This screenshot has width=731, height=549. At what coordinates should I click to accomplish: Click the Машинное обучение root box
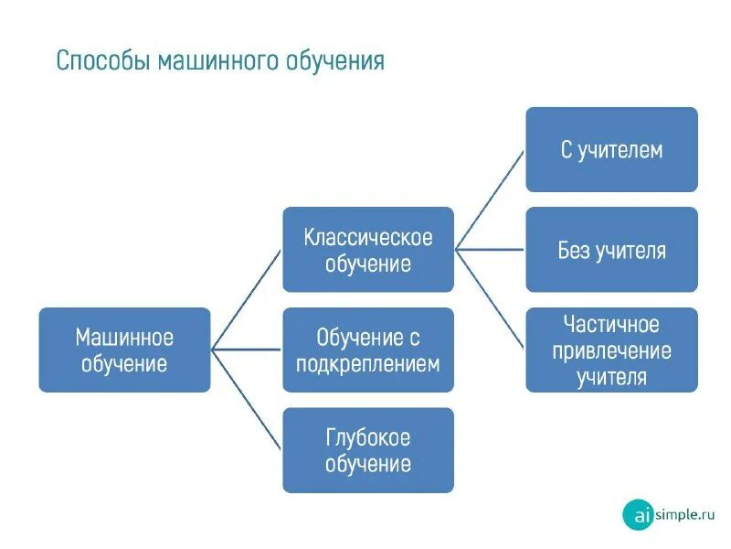pyautogui.click(x=124, y=350)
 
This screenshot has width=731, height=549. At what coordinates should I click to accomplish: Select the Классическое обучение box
pyautogui.click(x=368, y=250)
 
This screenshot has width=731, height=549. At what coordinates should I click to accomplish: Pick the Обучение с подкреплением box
pyautogui.click(x=368, y=350)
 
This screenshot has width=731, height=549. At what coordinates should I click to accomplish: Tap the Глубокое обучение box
pyautogui.click(x=368, y=450)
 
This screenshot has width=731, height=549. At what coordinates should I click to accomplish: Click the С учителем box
pyautogui.click(x=611, y=149)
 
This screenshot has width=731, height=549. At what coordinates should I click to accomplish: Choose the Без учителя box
pyautogui.click(x=611, y=250)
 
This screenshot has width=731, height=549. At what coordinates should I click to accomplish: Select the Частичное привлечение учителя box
pyautogui.click(x=611, y=350)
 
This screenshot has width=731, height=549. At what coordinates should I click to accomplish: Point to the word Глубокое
pyautogui.click(x=368, y=437)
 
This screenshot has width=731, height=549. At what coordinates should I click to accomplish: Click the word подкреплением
pyautogui.click(x=368, y=363)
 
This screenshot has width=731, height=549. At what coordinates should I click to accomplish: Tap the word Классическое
pyautogui.click(x=368, y=238)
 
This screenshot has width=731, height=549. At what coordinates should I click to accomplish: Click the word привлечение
pyautogui.click(x=611, y=350)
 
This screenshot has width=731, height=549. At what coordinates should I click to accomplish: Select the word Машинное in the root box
pyautogui.click(x=124, y=338)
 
